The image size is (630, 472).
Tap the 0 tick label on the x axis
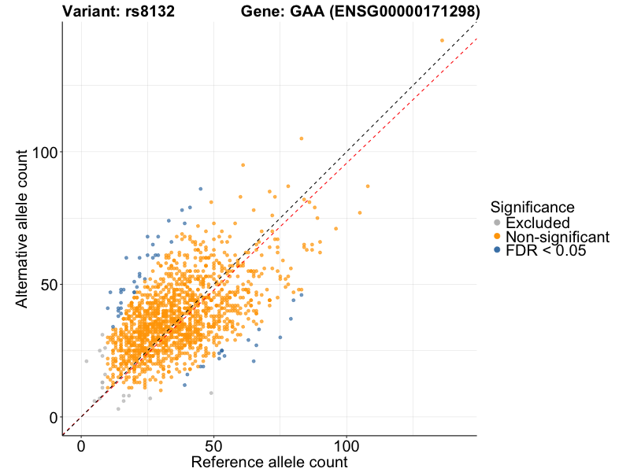point(81,446)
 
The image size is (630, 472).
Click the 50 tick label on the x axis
point(213,446)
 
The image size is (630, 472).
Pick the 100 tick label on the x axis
point(346,446)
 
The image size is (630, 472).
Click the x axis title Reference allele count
point(269,463)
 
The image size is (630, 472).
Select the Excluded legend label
point(537,223)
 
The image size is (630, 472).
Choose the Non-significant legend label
point(557,236)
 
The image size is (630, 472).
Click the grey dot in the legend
point(496,223)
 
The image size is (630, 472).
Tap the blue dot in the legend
point(496,250)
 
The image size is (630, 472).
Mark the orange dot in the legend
point(496,236)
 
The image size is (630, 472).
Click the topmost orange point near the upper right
point(442,40)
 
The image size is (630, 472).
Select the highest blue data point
point(200,189)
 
